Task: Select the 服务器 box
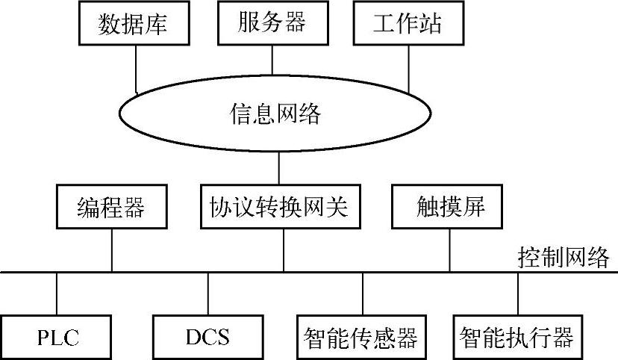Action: point(272,22)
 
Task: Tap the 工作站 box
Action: point(407,23)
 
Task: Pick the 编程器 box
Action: point(111,207)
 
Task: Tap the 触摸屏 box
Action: point(449,207)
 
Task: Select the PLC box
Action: point(57,337)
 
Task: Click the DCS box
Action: point(207,337)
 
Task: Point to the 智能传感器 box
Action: point(360,337)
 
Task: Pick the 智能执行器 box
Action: point(516,337)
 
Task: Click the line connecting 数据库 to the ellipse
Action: point(136,67)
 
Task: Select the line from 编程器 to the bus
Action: point(111,249)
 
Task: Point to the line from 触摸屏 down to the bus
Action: point(449,249)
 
